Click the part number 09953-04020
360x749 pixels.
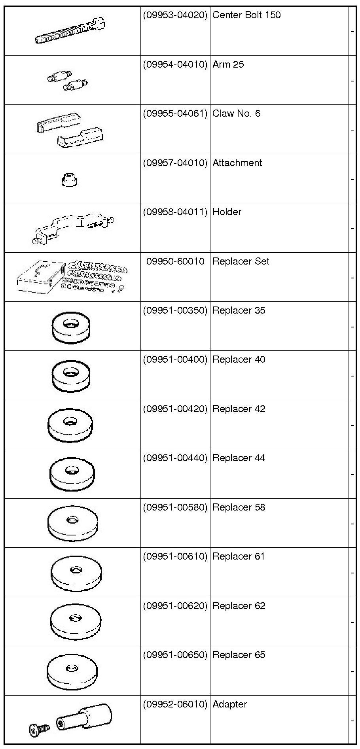[x=175, y=15]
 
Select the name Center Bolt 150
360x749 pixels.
[x=246, y=15]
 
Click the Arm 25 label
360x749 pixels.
[x=228, y=64]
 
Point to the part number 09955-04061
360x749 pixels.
[x=175, y=114]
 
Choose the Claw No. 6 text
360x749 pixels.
[x=236, y=114]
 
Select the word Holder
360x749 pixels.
[x=227, y=212]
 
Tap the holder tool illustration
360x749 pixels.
[x=73, y=229]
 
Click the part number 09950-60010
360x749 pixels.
[x=175, y=261]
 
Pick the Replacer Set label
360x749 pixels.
[x=241, y=261]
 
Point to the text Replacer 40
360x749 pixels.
[x=239, y=359]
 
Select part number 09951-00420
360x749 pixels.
[x=175, y=409]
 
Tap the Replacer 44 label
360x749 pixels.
[x=239, y=458]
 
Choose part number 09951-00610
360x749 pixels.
[x=175, y=556]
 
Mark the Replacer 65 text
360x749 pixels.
[x=239, y=655]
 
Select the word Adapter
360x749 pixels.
[x=229, y=704]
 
